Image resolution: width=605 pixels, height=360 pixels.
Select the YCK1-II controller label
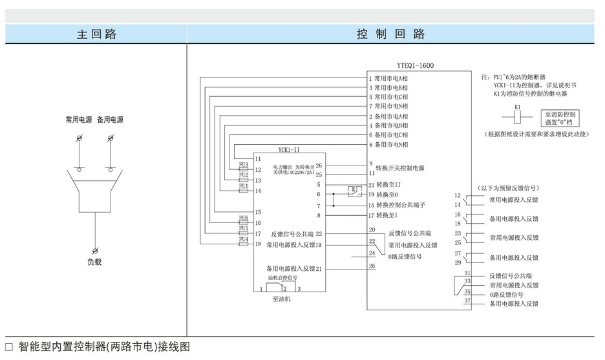point(288,149)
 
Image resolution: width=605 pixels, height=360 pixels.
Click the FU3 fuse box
point(244,165)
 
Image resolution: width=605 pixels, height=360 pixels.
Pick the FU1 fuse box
point(244,187)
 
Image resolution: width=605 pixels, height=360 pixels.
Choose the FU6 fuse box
point(244,218)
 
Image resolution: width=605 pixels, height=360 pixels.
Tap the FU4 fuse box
point(244,240)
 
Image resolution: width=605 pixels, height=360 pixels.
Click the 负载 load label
point(94,262)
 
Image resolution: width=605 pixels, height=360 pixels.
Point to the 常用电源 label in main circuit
point(79,120)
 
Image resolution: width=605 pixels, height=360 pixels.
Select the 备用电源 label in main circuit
point(110,120)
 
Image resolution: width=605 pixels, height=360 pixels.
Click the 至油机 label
point(282,299)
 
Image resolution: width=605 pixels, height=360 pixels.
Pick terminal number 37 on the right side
point(467,300)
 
